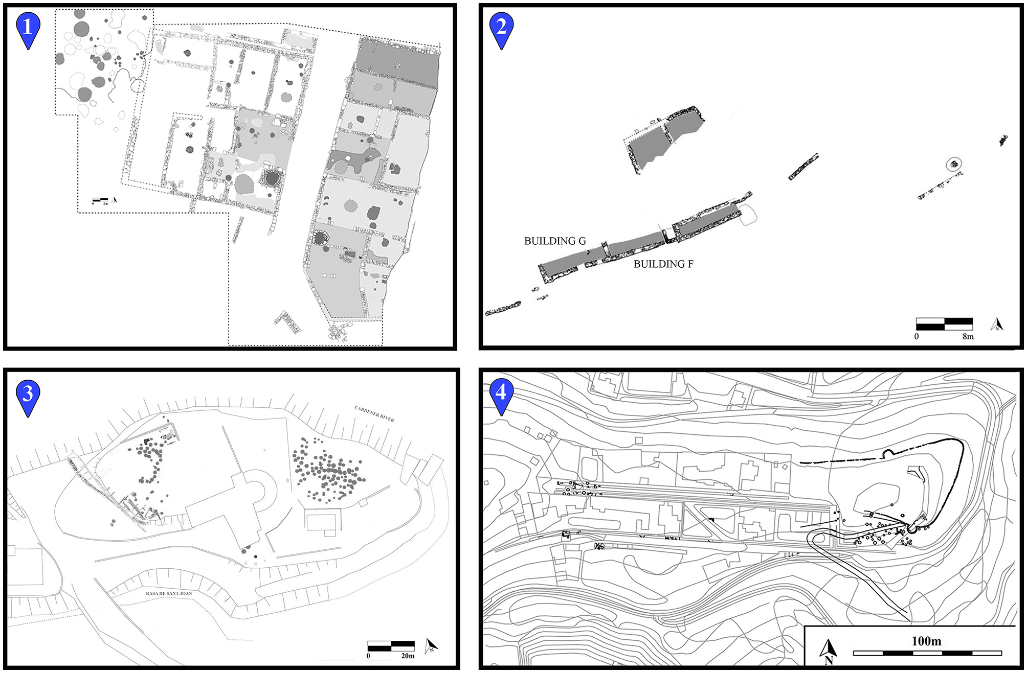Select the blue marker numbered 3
[x=28, y=394]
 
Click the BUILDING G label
[x=555, y=241]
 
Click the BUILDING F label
[x=663, y=264]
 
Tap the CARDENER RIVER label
[x=374, y=414]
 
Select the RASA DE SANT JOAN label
[x=169, y=594]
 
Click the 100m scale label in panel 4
[x=926, y=641]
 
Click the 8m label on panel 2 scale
[x=968, y=337]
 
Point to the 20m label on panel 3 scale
[x=408, y=656]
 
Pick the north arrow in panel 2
[x=997, y=325]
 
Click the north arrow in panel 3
[x=432, y=646]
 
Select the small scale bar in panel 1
[x=100, y=199]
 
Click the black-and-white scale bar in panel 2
[x=944, y=324]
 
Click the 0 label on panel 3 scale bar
[x=368, y=656]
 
